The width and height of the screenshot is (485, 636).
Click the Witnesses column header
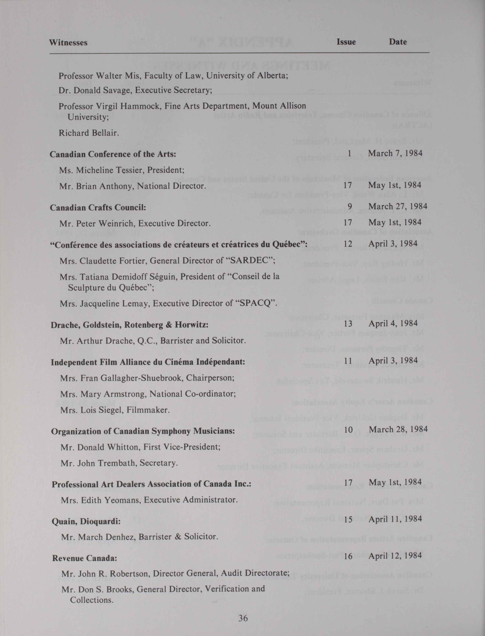[68, 43]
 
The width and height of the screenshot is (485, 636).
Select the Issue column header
[346, 42]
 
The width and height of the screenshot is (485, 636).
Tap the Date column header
[398, 42]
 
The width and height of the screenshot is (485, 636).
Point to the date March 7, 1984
[395, 153]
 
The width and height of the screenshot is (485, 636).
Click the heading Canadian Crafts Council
[98, 208]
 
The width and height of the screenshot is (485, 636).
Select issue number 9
[350, 206]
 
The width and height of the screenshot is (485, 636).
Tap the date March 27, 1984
[397, 206]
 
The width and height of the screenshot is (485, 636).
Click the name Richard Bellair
[89, 133]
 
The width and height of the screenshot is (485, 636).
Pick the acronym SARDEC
[251, 261]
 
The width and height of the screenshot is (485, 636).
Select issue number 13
[348, 324]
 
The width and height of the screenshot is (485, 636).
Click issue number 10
[348, 430]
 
